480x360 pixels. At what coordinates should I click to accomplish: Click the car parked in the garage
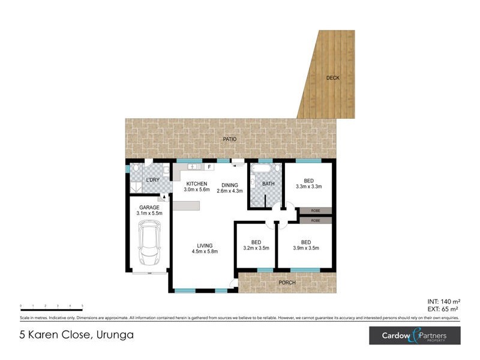pos(148,243)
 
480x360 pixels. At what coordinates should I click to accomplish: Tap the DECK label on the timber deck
pos(332,78)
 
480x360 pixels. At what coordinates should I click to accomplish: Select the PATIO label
pos(230,139)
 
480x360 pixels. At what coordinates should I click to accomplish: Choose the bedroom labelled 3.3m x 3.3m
pos(308,183)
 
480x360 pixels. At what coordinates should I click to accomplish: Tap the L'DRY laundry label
pos(152,181)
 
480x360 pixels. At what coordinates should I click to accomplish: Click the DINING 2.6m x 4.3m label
pos(229,187)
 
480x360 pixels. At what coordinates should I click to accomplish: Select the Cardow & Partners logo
pos(415,335)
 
